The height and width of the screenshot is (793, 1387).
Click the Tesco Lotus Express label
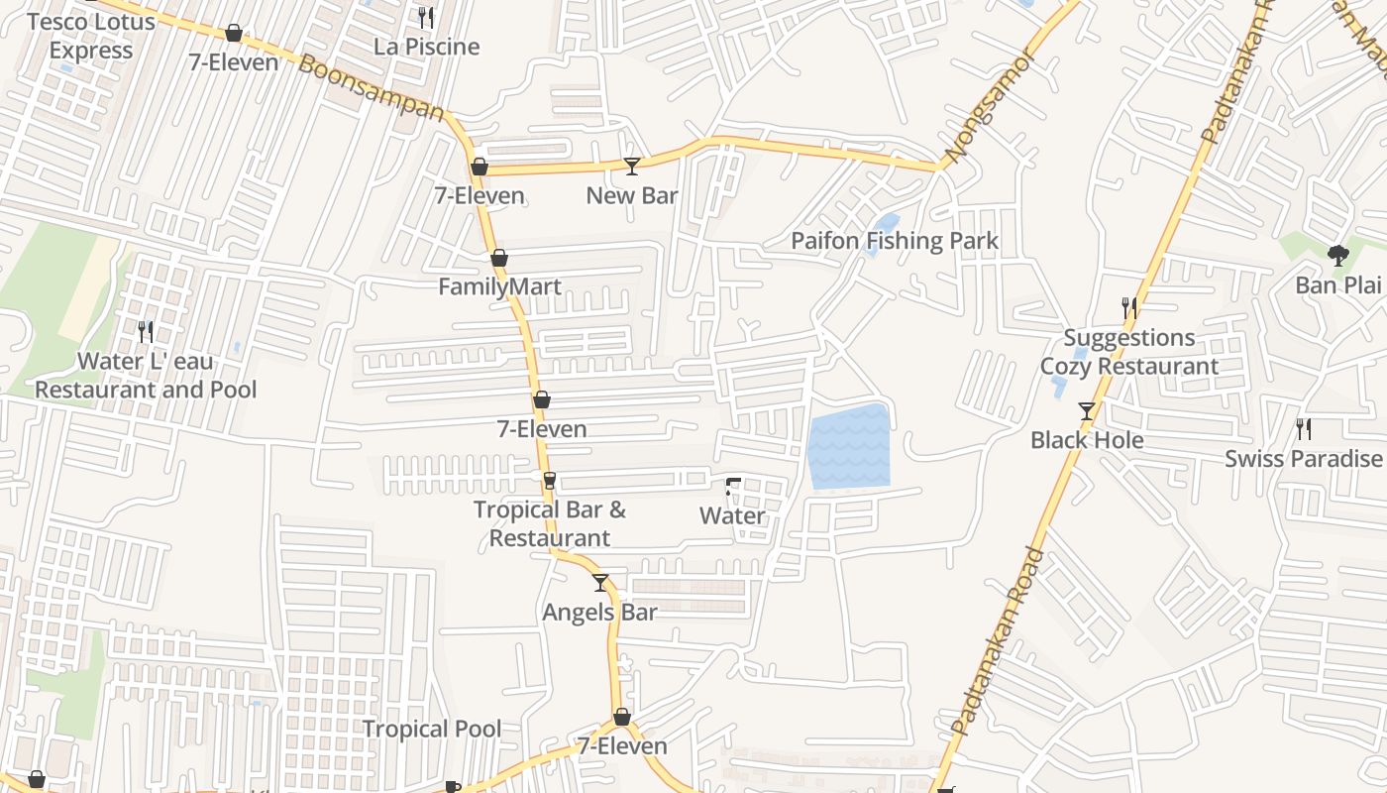[x=91, y=36]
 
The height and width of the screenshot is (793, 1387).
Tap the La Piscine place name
[x=426, y=47]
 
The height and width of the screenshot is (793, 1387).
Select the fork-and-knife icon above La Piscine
[x=426, y=17]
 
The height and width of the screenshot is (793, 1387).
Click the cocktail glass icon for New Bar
[x=631, y=166]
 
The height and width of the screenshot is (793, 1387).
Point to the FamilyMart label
[x=499, y=287]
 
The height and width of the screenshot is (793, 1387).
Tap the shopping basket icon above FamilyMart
[x=499, y=258]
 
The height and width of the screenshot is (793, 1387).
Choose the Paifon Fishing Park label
[x=894, y=241]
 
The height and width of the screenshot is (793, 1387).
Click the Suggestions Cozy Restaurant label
[x=1129, y=352]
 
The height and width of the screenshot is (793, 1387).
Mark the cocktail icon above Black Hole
[x=1087, y=410]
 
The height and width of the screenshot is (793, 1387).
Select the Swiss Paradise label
[x=1303, y=459]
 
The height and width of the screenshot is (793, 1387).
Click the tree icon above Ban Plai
[x=1337, y=256]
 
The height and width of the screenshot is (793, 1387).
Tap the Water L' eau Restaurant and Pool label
[x=146, y=376]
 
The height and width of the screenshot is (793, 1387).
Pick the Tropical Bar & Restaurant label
[x=550, y=523]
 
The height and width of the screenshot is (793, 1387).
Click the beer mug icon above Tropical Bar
[x=550, y=481]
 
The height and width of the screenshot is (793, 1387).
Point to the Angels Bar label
[x=599, y=613]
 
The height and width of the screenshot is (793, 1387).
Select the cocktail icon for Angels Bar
[x=599, y=583]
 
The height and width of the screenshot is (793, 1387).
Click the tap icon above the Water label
[x=732, y=486]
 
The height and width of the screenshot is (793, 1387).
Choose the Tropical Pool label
[x=431, y=729]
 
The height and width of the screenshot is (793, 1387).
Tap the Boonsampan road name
[x=372, y=88]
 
